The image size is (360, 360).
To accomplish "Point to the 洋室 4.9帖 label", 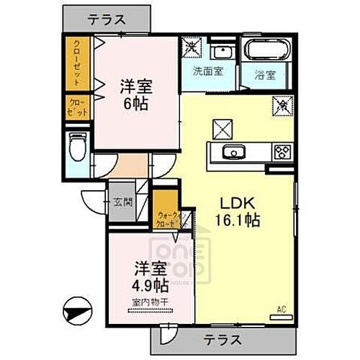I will tap(149, 276).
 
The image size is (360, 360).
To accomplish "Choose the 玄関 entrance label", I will tap(122, 202).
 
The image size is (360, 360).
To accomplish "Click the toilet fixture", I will tap(78, 150).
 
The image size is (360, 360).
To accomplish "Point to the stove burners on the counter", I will tap(282, 152).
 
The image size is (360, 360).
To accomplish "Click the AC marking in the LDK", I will tap(282, 310).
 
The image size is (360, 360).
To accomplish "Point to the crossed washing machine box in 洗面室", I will tap(191, 48).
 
